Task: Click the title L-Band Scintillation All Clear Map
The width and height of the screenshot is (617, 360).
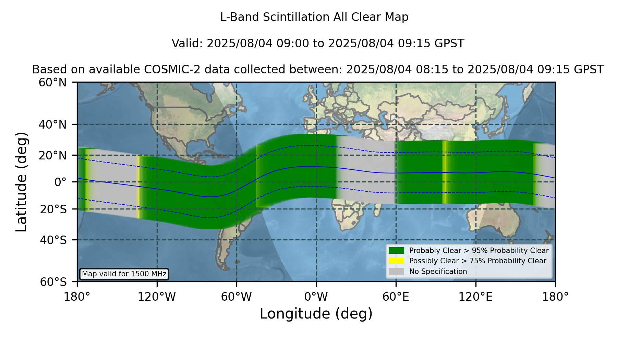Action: [314, 17]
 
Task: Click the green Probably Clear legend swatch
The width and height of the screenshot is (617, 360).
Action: [397, 250]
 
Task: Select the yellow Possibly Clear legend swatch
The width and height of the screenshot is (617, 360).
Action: [397, 261]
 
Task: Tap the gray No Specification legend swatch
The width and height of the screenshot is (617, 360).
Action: [397, 272]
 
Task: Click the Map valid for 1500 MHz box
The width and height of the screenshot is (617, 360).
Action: [124, 274]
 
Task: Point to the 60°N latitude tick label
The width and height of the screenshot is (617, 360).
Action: [52, 83]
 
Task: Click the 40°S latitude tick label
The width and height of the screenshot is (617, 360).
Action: [53, 240]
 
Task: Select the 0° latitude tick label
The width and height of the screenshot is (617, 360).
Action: [60, 182]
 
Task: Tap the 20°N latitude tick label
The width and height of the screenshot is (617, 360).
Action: [52, 155]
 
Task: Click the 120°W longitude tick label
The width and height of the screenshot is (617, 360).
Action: [157, 297]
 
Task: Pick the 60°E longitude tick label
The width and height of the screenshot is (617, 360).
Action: [396, 297]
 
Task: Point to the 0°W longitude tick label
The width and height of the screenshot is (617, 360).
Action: [316, 297]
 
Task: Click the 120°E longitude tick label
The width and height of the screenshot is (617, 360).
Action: [475, 297]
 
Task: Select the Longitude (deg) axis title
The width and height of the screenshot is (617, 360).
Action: [316, 314]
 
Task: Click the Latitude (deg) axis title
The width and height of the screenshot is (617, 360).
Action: [21, 182]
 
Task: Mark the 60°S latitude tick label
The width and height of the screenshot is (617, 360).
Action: [53, 282]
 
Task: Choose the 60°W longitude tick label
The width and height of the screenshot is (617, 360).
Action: [237, 297]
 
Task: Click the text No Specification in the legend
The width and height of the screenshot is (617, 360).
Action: [438, 272]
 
